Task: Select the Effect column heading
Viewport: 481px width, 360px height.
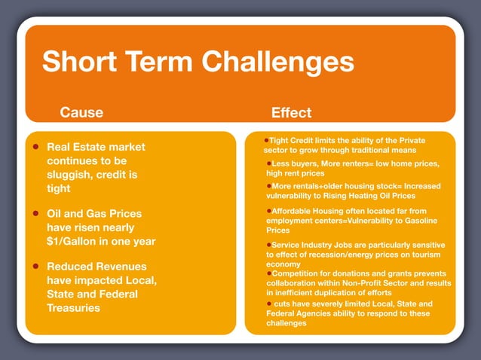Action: pos(291,113)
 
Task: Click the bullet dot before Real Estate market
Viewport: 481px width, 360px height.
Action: pos(35,147)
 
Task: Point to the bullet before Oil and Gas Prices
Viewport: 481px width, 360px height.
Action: pos(35,214)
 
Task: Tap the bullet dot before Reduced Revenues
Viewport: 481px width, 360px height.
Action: pos(35,267)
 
